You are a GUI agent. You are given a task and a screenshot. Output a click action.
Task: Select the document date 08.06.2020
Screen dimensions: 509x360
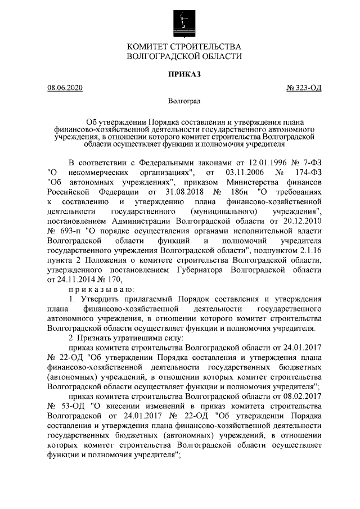point(65,88)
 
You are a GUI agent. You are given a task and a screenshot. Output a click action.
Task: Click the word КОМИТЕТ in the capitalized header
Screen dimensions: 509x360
point(151,46)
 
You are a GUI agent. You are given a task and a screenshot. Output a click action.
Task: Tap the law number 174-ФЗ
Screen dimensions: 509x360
point(308,172)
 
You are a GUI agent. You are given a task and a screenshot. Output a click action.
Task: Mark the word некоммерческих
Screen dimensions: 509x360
point(100,172)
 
